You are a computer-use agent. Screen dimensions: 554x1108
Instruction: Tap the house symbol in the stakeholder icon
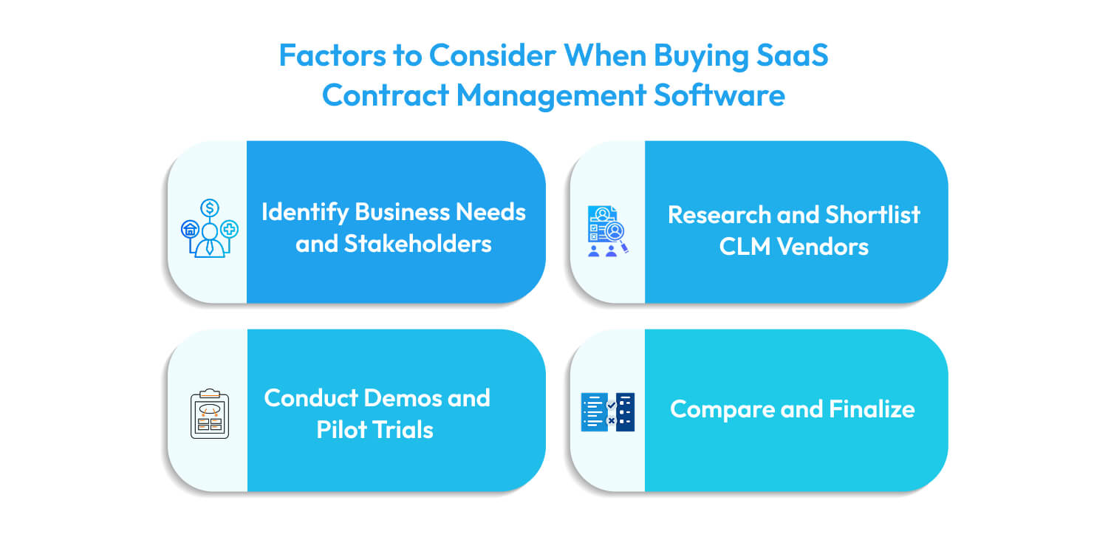click(190, 230)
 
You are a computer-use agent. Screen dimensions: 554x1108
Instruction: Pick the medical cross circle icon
click(230, 230)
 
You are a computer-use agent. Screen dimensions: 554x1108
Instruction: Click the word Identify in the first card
click(304, 212)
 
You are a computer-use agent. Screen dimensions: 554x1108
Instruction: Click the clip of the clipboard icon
click(210, 393)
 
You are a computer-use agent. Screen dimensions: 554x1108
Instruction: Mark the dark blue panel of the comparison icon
click(625, 412)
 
